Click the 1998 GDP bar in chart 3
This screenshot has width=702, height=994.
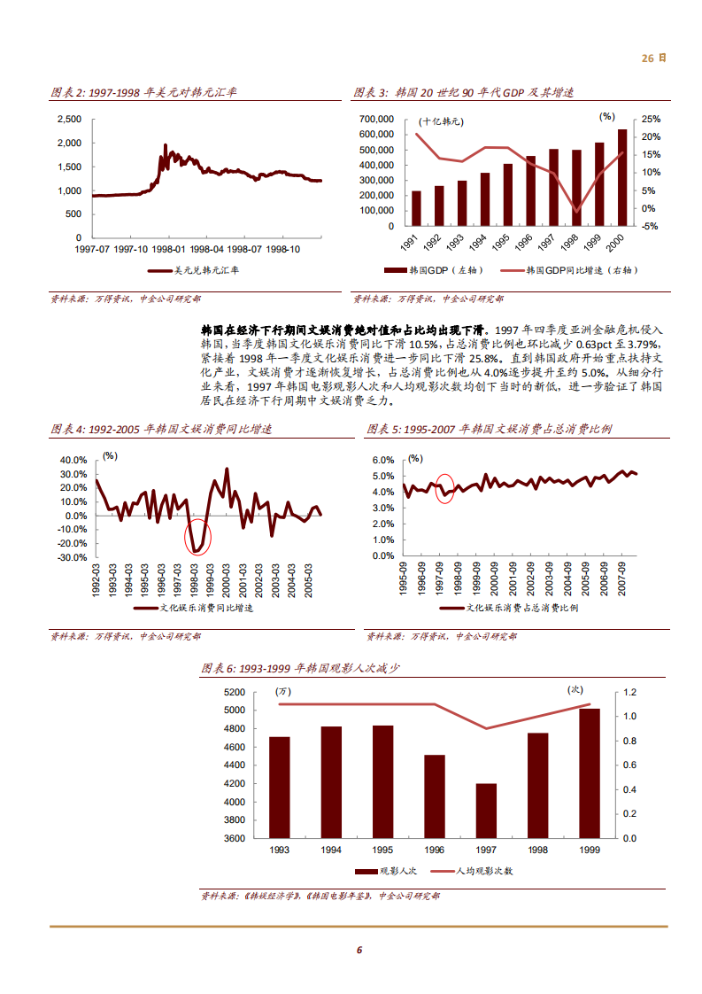577,187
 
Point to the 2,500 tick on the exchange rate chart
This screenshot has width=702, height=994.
68,119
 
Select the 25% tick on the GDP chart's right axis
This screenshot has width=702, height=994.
650,119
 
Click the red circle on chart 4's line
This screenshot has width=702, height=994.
197,537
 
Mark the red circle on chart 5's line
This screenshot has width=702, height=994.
445,488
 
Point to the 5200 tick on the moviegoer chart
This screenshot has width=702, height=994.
235,692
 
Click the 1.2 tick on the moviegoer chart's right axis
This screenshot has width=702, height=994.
630,692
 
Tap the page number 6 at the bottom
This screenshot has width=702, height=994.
359,950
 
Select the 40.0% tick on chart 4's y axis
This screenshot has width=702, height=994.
73,461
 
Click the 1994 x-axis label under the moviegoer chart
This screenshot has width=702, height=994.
331,850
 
